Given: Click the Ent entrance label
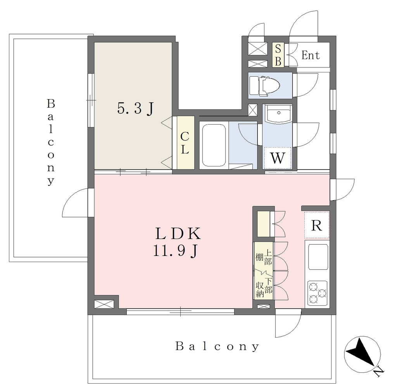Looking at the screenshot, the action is (311, 55).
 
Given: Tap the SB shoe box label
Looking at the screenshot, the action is (278, 55).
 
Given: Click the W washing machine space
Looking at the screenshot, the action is (278, 158).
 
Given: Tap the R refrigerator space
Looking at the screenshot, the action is (317, 225).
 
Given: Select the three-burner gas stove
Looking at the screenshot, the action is (318, 293).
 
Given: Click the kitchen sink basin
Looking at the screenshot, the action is (318, 257).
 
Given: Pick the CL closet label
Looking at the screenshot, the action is (185, 143).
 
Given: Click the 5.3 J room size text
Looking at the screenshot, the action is (135, 109).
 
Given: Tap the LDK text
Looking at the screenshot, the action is (178, 234).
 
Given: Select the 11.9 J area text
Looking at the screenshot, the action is (175, 251).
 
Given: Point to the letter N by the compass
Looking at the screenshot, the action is (379, 372).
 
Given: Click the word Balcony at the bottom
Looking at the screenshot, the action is (217, 346).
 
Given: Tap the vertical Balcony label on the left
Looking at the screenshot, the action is (51, 142).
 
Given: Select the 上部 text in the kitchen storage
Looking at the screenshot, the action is (268, 258).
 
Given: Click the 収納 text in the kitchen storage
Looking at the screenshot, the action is (260, 290).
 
